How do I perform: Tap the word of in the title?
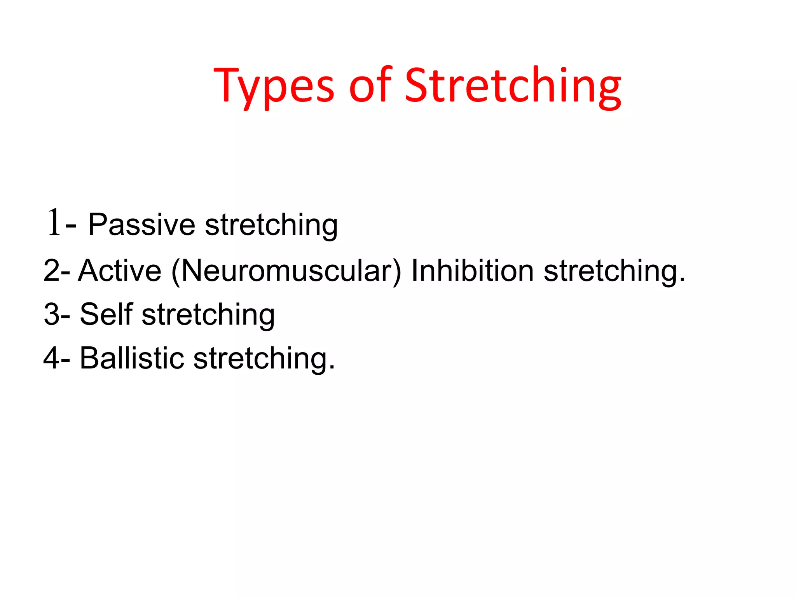tap(370, 86)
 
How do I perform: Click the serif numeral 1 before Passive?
tap(54, 222)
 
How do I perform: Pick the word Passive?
tap(141, 224)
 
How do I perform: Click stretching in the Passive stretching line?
tap(271, 225)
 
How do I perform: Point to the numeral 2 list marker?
tap(52, 271)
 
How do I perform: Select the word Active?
tap(120, 271)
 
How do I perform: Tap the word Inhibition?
tap(472, 271)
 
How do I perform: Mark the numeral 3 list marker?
tap(52, 314)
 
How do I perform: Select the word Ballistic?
tap(132, 358)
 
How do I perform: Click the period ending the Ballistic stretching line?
tap(332, 368)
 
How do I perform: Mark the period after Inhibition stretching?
tap(683, 280)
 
